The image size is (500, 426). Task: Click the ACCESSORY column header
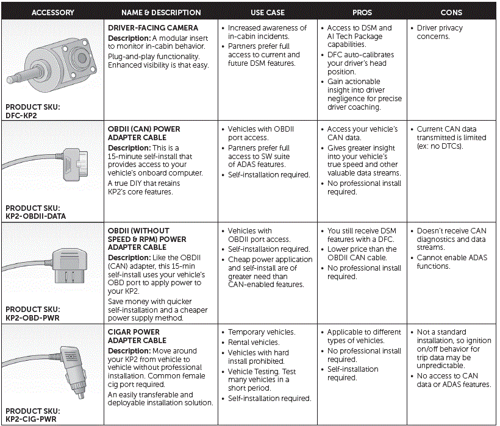tap(52, 12)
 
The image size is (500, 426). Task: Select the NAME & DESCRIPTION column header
tap(161, 12)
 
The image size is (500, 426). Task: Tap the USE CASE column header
tap(267, 12)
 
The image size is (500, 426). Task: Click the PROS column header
tap(362, 12)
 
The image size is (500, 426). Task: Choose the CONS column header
tap(451, 12)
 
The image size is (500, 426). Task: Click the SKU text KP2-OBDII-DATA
tap(36, 216)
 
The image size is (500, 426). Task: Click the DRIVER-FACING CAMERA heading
tap(152, 28)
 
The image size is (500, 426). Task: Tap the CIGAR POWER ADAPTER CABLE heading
tap(137, 336)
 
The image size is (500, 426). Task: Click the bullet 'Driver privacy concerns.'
tap(440, 32)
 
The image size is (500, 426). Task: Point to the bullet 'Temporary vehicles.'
tap(261, 332)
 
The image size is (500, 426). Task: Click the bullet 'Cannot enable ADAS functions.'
tap(452, 262)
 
